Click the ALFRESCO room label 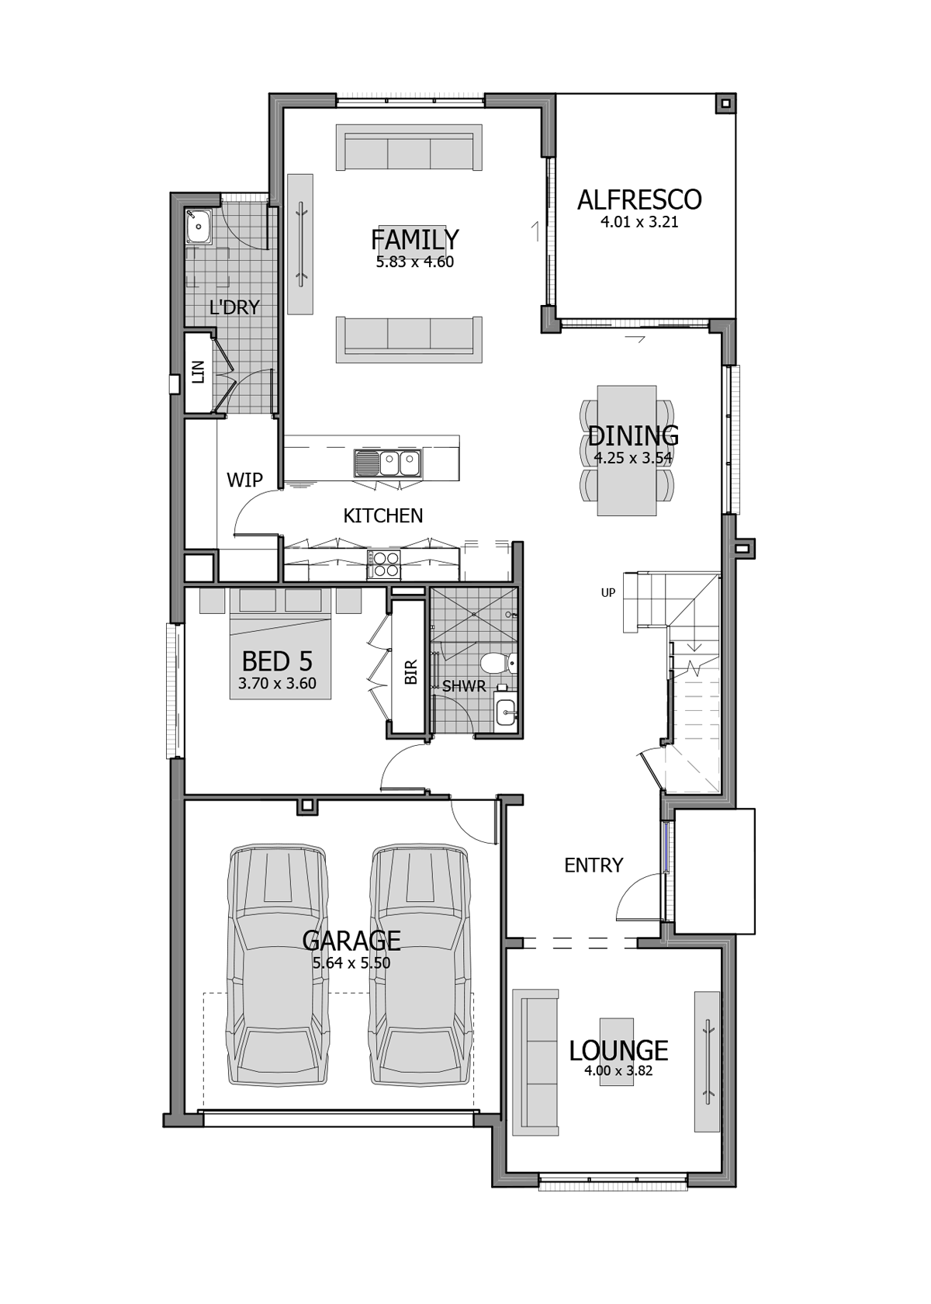tap(639, 200)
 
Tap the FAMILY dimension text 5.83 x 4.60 tap(414, 262)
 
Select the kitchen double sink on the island tap(387, 463)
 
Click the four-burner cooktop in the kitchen tap(384, 564)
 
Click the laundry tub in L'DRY tap(199, 227)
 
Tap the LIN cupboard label tap(199, 372)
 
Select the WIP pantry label tap(244, 480)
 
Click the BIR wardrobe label tap(411, 671)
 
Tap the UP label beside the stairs tap(608, 593)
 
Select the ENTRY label tap(594, 865)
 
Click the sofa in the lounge tap(535, 1061)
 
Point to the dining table tap(627, 450)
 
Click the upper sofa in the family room tap(409, 147)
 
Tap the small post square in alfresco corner tap(724, 103)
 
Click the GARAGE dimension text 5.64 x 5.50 tap(351, 963)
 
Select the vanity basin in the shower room tap(505, 709)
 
